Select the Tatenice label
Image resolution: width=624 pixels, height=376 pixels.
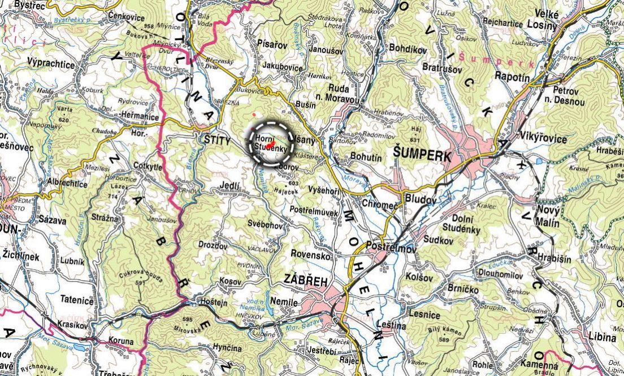pyautogui.click(x=77, y=300)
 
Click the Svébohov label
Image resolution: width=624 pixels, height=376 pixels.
pyautogui.click(x=265, y=225)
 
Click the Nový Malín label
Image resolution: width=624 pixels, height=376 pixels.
pyautogui.click(x=547, y=216)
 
